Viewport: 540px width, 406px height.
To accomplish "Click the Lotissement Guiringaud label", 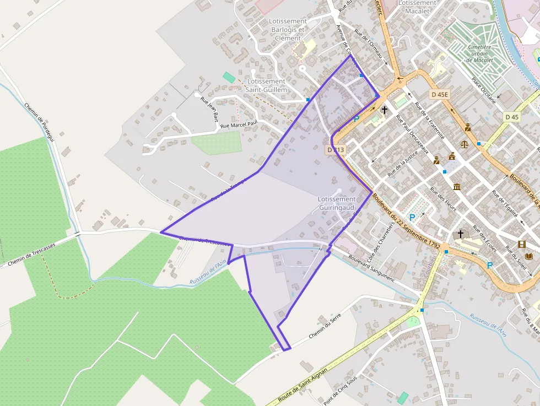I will (x=337, y=203).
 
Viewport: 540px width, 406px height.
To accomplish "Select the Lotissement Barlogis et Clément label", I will (x=288, y=30).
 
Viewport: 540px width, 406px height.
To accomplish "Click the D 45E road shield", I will (x=440, y=94).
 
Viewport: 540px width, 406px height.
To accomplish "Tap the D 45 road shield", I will (x=512, y=117).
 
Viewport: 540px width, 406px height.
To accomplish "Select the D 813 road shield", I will (x=336, y=150).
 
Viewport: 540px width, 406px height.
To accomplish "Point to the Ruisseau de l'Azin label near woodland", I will (x=208, y=273).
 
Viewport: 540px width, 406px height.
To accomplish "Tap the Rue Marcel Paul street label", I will (x=239, y=125).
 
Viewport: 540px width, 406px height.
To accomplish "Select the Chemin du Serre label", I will (x=325, y=326).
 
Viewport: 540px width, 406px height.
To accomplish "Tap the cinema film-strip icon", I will (x=521, y=245).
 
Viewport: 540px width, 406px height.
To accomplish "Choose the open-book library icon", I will (x=530, y=257).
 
